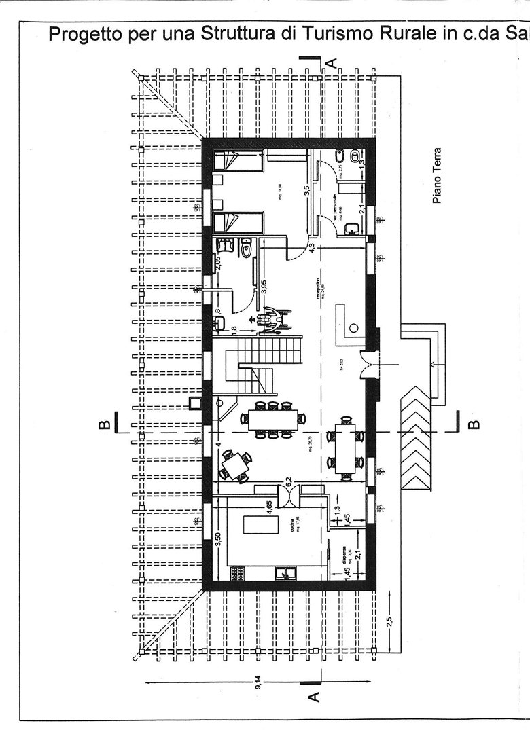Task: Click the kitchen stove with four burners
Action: tap(236, 573)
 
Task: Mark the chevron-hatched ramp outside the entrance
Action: tap(416, 441)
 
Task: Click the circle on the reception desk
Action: tap(353, 328)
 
